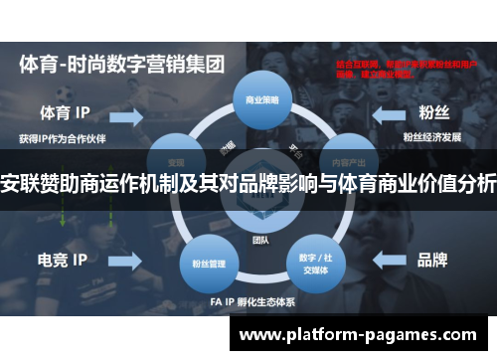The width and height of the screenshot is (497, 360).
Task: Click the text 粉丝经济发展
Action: pos(430,135)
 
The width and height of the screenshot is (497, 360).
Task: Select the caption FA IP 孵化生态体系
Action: pos(248,301)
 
